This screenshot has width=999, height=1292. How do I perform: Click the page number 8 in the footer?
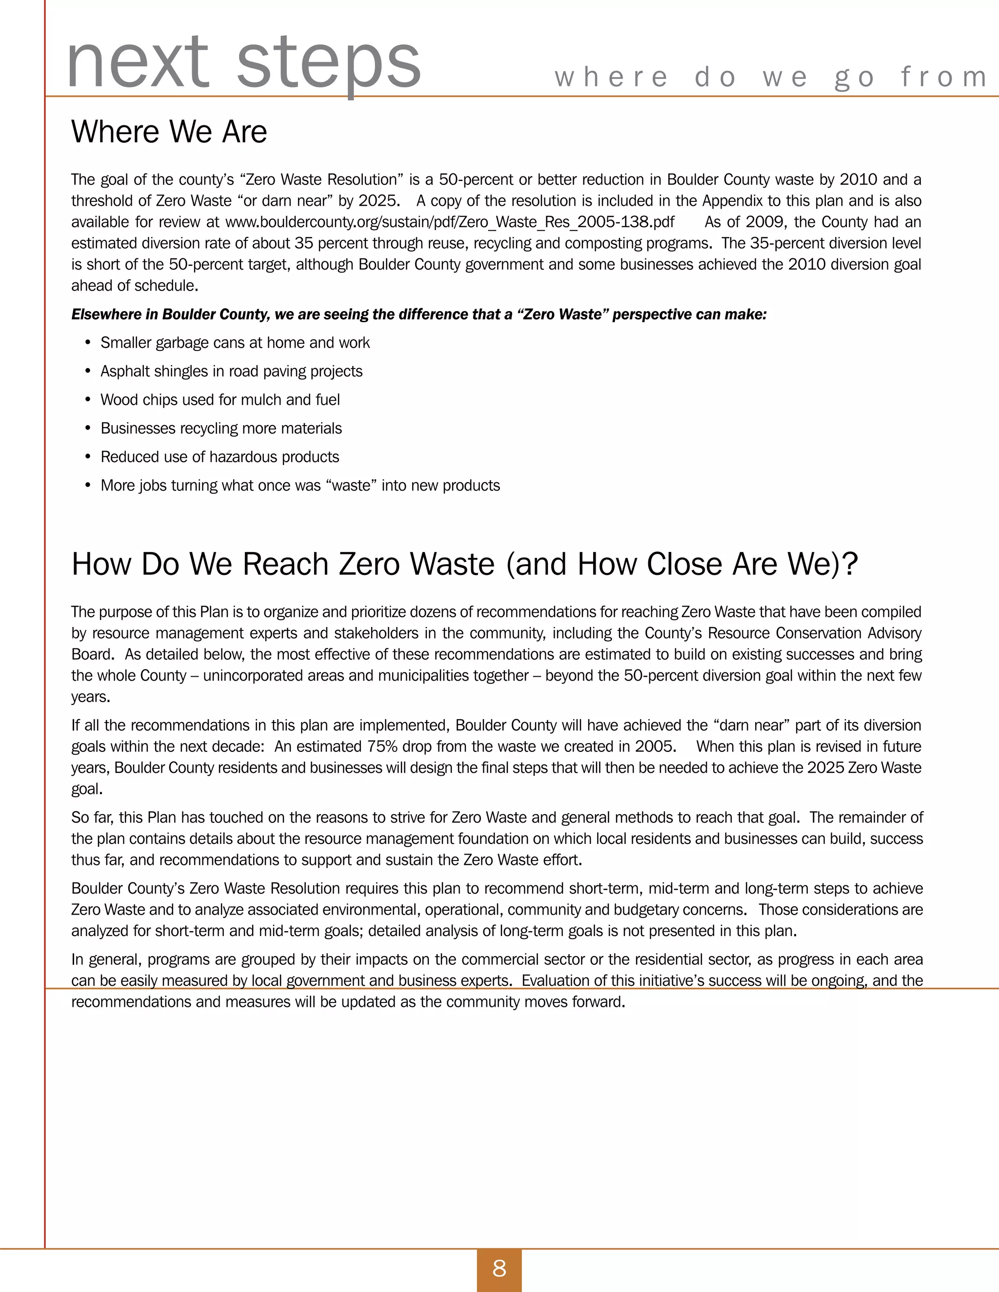coord(499,1268)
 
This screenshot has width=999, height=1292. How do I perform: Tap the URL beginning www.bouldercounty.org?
coord(450,222)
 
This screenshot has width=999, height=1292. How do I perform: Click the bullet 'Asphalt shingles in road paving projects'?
coord(231,371)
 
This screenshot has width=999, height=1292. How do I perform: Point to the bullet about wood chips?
coord(220,400)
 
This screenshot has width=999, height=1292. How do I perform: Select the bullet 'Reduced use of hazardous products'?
coord(220,457)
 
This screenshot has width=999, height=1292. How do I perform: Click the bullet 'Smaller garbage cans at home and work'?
coord(235,343)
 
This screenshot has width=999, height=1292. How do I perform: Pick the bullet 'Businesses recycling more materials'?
coord(221,428)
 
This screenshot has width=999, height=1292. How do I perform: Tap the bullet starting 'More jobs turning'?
coord(300,485)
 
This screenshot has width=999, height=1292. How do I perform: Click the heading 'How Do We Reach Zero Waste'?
coord(464,564)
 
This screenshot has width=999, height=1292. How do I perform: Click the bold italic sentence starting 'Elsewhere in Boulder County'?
coord(419,314)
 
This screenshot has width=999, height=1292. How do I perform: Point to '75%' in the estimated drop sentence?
coord(382,746)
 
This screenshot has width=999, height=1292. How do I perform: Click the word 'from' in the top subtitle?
coord(943,77)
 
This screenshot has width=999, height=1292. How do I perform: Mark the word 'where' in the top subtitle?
coord(611,77)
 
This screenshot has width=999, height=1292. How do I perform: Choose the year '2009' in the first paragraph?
coord(764,222)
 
